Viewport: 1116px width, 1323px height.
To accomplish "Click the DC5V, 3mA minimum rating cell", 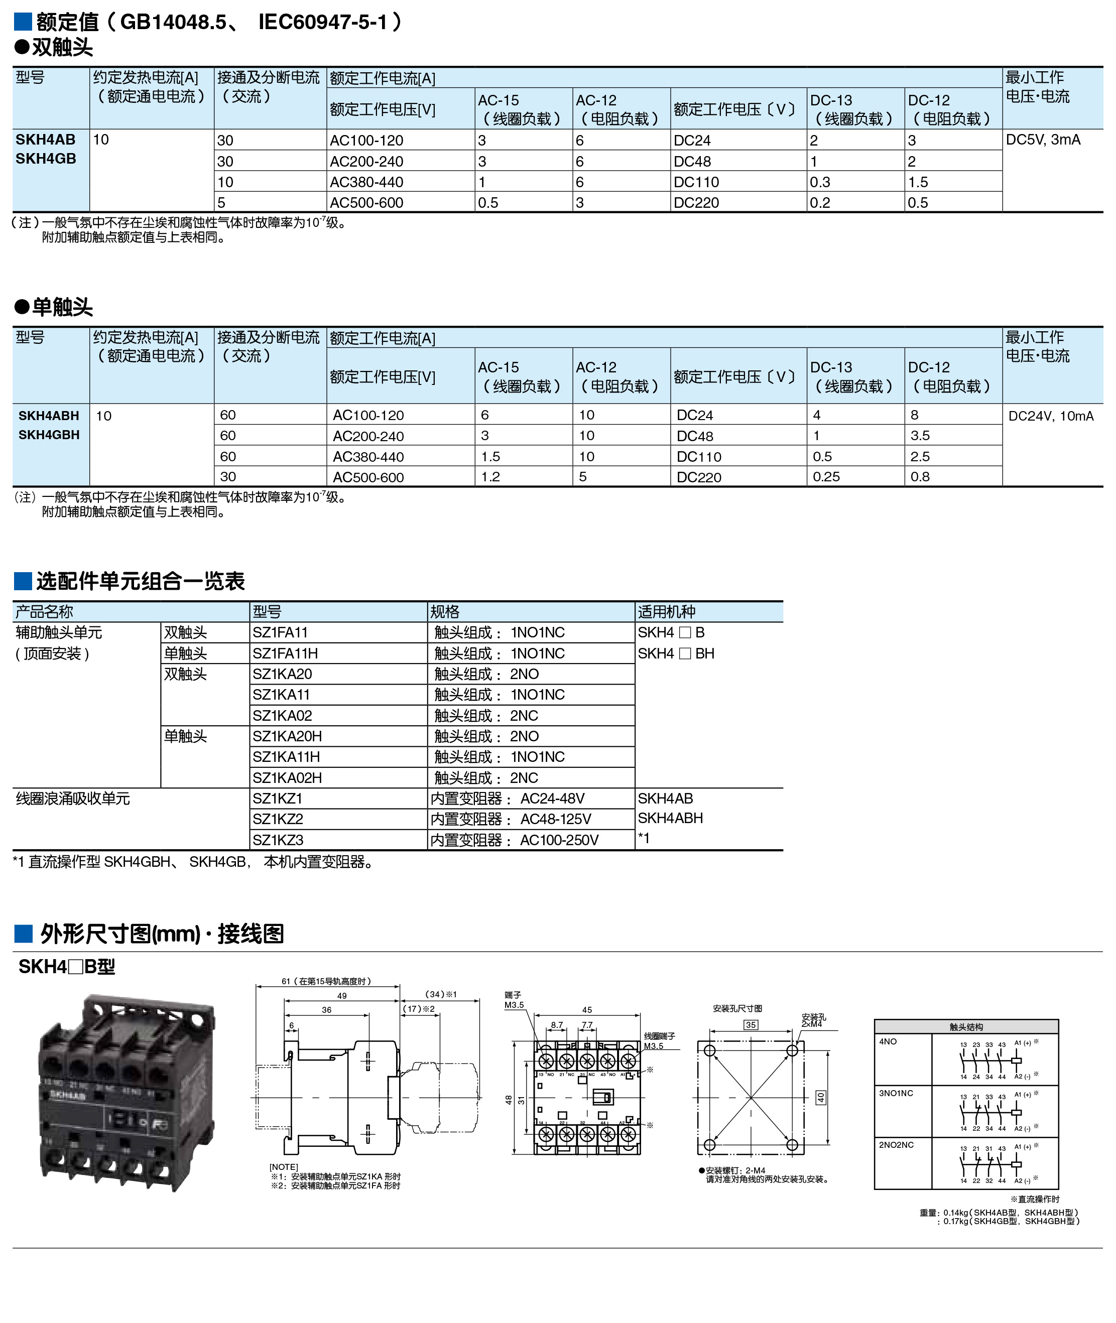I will [x=1043, y=140].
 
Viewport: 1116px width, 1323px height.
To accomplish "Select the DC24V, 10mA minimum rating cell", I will [x=1050, y=416].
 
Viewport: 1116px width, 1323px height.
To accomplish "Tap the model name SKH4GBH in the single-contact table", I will [x=49, y=435].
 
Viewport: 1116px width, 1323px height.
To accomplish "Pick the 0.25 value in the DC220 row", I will [x=826, y=477].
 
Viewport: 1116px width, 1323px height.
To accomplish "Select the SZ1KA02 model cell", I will [x=282, y=715].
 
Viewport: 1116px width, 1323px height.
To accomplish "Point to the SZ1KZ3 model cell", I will [x=278, y=840].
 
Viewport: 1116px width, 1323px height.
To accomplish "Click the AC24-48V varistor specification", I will [x=552, y=798].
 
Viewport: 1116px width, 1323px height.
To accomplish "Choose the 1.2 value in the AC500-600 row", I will [x=490, y=477].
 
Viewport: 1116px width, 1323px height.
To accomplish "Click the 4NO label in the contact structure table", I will [x=888, y=1041].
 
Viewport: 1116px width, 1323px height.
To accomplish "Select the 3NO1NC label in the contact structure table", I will [x=896, y=1094].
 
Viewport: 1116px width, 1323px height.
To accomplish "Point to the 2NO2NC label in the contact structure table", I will [x=896, y=1145].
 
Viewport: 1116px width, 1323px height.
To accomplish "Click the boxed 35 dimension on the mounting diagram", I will [x=751, y=1024].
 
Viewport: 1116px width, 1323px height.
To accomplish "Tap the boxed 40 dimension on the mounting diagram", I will [x=820, y=1097].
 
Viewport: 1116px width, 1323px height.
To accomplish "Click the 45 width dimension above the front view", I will [x=587, y=1010].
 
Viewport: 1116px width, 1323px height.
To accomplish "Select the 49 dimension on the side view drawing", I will [x=342, y=995].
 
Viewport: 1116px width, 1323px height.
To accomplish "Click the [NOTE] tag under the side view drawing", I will [x=284, y=1167].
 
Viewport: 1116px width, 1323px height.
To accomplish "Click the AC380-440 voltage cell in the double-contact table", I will [x=366, y=182].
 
